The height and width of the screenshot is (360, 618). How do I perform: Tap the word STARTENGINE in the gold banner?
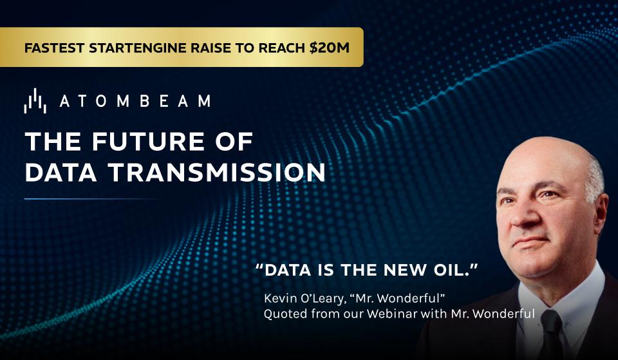[138, 48]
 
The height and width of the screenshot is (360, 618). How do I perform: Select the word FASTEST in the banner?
[54, 48]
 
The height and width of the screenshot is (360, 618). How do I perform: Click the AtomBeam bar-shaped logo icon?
[35, 101]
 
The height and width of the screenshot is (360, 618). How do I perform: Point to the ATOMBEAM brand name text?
[135, 101]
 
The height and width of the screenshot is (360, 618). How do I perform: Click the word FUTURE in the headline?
[149, 142]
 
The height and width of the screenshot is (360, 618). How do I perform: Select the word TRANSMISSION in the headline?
[217, 173]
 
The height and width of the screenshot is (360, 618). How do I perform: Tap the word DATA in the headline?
[61, 173]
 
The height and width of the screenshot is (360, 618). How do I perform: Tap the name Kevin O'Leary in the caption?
[304, 298]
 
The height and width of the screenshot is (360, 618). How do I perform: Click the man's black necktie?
[552, 334]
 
